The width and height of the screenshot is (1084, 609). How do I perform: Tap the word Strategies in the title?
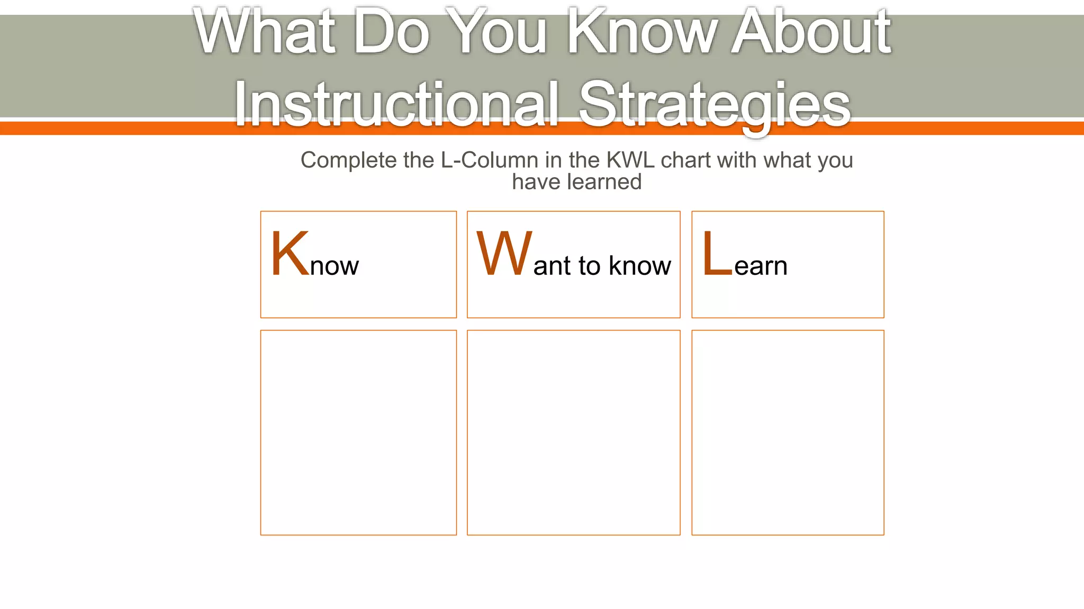715,104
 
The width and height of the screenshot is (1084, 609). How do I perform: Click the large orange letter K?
289,254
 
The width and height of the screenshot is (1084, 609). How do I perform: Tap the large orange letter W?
504,254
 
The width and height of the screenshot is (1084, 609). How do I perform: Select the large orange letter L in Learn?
717,254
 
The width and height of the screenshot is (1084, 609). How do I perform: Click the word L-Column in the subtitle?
490,160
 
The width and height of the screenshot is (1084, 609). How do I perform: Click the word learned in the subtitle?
604,182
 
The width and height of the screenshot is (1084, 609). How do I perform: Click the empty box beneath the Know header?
358,432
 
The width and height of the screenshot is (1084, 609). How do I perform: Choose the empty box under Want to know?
573,432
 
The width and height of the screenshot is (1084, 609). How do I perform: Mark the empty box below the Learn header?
788,432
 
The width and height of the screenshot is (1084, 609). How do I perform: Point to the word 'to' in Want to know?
590,266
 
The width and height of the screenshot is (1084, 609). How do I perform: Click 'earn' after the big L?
761,266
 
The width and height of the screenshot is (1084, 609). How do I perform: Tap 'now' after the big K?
334,266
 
